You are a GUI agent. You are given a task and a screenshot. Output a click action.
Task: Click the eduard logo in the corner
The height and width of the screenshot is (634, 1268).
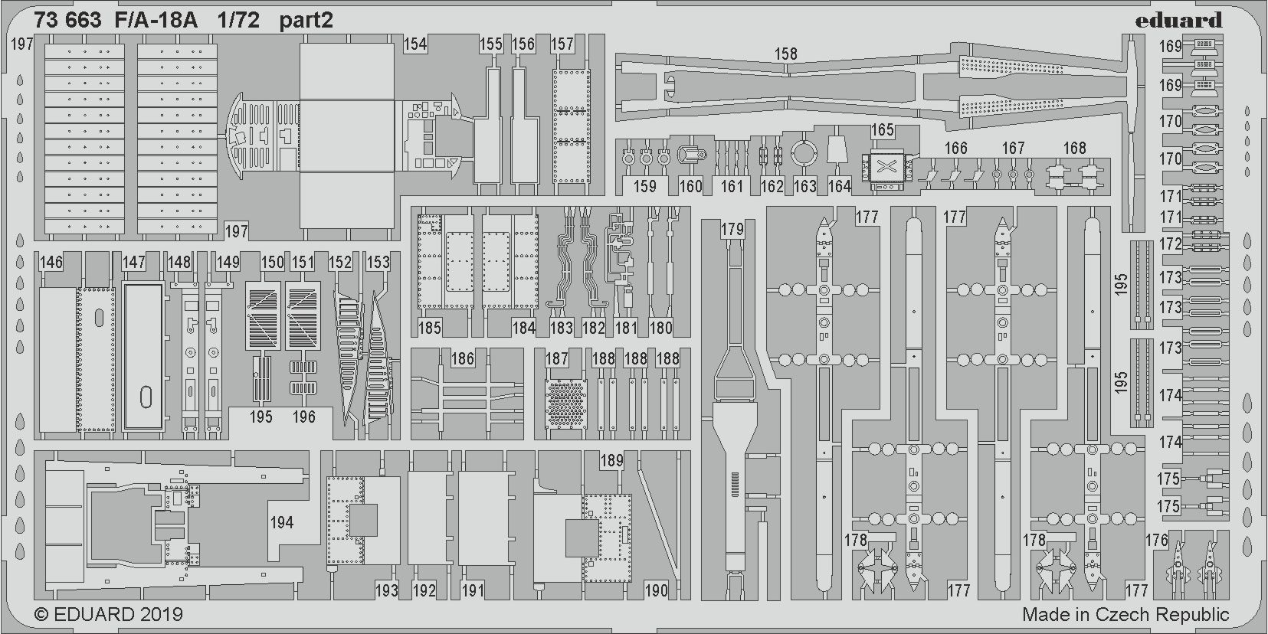pos(1178,21)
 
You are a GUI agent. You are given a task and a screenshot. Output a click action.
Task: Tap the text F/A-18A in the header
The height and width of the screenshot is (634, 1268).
pos(156,21)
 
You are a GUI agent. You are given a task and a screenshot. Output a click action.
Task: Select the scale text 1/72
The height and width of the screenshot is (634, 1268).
pos(238,21)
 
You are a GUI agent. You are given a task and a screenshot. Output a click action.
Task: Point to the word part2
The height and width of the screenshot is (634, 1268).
pos(306,21)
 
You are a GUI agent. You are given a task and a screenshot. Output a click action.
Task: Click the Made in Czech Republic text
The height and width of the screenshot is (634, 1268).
pos(1125,614)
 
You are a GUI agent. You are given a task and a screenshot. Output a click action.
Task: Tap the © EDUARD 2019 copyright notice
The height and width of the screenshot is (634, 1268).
pos(109,614)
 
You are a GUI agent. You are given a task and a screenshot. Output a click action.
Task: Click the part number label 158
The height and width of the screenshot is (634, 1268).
pos(786,54)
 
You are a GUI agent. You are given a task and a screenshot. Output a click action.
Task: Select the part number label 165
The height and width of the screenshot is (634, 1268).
pos(883,130)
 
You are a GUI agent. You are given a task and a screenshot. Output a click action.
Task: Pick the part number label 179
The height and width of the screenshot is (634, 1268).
pos(732,230)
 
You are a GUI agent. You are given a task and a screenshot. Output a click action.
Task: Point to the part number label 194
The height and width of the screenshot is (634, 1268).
pos(282,522)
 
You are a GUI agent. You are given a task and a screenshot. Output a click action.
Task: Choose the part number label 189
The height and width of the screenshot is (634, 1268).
pos(611,460)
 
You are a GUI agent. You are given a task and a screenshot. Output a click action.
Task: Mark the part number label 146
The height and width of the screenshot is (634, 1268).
pos(51,263)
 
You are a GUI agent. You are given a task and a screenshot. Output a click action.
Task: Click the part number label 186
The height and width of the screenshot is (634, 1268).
pos(463,358)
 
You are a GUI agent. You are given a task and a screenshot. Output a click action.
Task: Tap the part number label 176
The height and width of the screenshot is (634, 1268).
pos(1156,541)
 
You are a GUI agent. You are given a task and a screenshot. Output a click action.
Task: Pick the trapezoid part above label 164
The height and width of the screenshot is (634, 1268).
pos(838,150)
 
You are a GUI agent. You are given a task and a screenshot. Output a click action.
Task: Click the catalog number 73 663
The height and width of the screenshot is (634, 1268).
pos(67,21)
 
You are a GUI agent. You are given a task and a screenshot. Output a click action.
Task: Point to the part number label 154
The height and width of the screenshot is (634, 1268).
pos(415,44)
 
